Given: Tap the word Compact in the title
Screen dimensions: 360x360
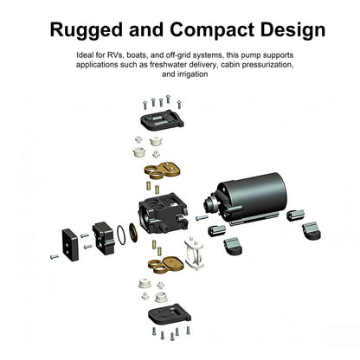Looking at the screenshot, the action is pos(212,30).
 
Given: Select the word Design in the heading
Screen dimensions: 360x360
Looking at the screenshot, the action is pos(292,30).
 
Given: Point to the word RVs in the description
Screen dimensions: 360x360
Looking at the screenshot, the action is pos(115,55).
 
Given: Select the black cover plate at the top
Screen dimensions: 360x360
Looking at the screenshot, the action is pos(162,119).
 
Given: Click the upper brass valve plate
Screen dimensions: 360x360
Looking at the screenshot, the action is pos(162,170).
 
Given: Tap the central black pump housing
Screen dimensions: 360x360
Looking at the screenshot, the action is pos(164,214).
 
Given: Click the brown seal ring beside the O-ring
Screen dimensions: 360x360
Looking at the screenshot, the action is pos(133,232).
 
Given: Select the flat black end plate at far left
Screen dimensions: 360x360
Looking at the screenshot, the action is pos(70,245).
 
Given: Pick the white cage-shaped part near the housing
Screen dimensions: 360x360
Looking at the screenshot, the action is pos(194,253).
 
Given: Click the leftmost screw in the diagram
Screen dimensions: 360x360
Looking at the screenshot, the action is pos(55,256).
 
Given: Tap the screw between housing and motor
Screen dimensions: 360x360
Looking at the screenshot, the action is pos(202,218).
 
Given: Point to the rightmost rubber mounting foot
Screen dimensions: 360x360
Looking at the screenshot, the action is pos(312,231).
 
